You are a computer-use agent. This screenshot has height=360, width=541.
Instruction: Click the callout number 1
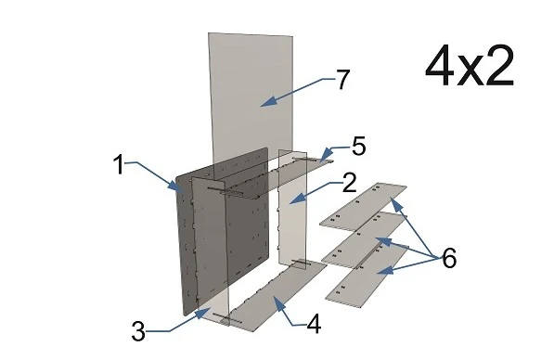119,164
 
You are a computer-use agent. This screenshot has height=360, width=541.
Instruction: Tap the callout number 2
349,183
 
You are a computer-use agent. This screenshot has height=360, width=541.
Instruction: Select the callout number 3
138,331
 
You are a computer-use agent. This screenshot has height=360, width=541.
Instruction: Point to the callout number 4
314,324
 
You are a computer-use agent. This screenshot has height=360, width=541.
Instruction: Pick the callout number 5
359,147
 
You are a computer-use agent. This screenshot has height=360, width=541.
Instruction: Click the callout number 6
449,258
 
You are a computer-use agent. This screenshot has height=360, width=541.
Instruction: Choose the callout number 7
342,79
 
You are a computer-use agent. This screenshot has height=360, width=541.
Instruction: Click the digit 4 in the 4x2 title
439,66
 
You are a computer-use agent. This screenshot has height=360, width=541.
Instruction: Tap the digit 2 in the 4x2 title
499,66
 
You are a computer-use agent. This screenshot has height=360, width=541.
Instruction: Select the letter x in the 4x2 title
470,71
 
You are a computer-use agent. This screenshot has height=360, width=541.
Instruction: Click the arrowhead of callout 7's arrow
266,102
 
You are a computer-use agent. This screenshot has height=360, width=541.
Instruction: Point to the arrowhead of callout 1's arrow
174,186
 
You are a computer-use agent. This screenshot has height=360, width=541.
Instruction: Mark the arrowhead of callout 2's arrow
296,199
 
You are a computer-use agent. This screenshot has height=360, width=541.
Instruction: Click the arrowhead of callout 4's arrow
278,302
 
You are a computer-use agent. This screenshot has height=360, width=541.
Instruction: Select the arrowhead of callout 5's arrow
325,154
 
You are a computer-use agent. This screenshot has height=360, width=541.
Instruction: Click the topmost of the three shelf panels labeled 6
363,206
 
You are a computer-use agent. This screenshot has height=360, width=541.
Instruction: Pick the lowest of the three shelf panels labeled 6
367,276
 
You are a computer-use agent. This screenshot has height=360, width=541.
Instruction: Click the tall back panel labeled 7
251,96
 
